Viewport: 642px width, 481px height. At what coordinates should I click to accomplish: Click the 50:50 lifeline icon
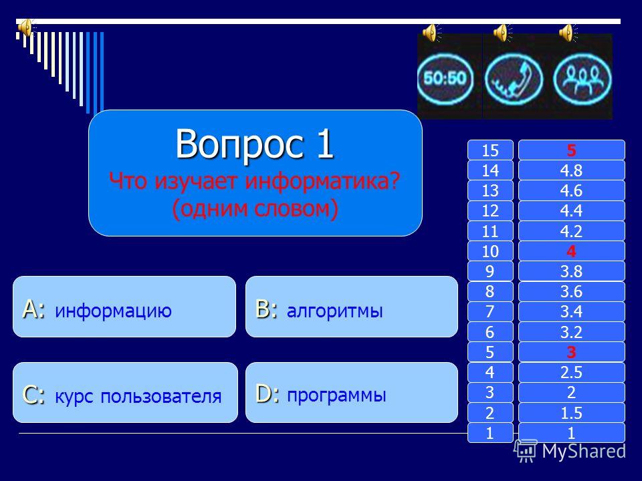click(x=445, y=78)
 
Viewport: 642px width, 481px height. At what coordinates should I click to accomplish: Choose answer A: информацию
click(x=124, y=307)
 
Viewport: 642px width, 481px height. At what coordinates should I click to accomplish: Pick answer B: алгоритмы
click(x=351, y=307)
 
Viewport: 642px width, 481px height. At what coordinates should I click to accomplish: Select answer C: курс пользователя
click(x=125, y=393)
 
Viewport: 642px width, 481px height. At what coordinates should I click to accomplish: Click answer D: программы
click(x=351, y=393)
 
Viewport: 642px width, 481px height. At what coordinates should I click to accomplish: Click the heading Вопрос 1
click(x=255, y=144)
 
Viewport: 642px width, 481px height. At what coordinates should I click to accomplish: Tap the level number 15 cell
click(x=490, y=150)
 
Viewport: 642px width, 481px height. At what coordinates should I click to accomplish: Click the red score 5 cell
click(x=572, y=150)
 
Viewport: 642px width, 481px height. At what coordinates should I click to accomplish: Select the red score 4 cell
click(x=572, y=251)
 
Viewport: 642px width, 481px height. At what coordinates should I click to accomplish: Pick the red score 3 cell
click(x=572, y=352)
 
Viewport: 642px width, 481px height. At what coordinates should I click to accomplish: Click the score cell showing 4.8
click(x=572, y=170)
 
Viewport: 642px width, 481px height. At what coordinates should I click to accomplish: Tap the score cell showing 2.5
click(x=572, y=372)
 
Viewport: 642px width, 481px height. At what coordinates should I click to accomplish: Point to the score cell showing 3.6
click(x=572, y=291)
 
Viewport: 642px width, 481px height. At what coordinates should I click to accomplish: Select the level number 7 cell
click(x=490, y=312)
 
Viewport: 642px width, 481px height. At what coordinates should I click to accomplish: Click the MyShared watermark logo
click(x=570, y=451)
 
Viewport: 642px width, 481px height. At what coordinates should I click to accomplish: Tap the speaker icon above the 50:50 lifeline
click(x=431, y=33)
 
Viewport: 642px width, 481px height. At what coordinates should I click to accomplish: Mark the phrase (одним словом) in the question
click(x=255, y=208)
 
